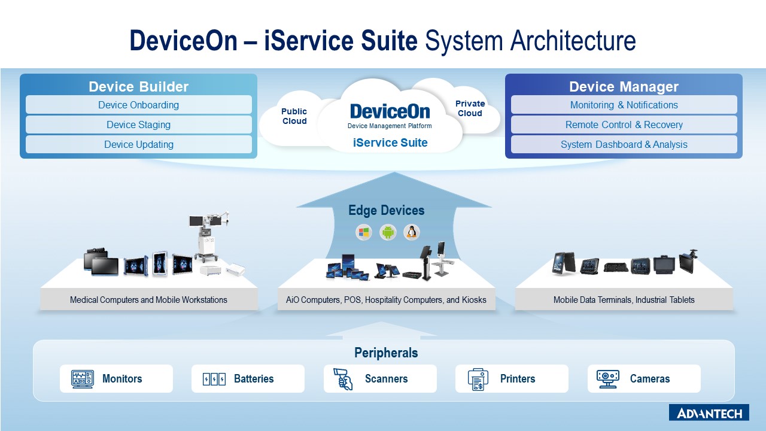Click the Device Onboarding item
point(138,105)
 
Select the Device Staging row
point(138,125)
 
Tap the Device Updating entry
point(138,144)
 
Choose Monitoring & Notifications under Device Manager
point(624,105)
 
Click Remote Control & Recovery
point(624,125)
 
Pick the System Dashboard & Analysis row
point(624,144)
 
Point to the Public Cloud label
point(294,116)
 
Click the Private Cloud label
point(470,108)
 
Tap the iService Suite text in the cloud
point(390,143)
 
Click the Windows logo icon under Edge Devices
point(364,232)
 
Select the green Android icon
point(388,232)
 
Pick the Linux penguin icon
point(412,232)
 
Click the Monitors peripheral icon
point(82,379)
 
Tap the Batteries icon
point(214,379)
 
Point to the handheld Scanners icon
point(344,379)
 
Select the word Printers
point(517,379)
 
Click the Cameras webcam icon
point(607,379)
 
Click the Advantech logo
point(709,412)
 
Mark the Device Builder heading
point(138,87)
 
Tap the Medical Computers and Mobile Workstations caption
point(148,300)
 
